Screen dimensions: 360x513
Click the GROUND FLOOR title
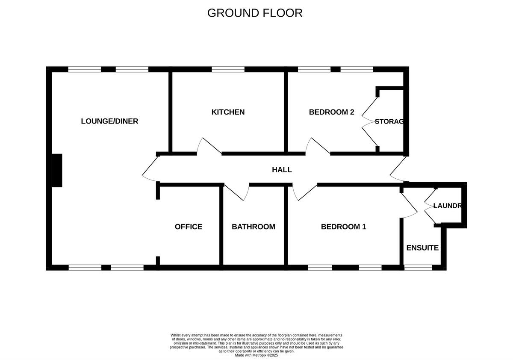click(255, 13)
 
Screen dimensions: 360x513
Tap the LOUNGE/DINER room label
click(109, 121)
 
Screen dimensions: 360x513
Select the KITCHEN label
click(228, 112)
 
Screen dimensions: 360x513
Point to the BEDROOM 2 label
click(331, 112)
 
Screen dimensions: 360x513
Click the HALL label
click(282, 170)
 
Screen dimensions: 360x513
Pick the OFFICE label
click(188, 227)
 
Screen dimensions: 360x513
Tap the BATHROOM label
click(253, 227)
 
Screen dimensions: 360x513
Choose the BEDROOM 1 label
click(343, 227)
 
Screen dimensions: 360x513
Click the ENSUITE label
click(422, 248)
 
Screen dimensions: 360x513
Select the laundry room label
click(447, 206)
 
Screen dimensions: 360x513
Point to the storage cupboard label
click(389, 121)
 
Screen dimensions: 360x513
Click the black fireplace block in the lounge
click(57, 170)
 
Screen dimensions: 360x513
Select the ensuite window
click(418, 268)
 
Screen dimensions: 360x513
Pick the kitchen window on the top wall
click(228, 69)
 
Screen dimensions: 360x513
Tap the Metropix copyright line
click(256, 355)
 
